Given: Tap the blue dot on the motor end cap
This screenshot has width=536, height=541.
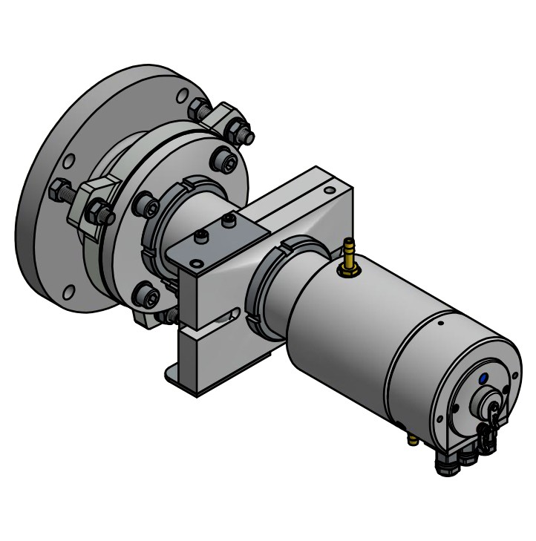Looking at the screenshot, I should tap(484, 378).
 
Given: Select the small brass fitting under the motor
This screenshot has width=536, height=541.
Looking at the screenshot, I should tap(413, 440).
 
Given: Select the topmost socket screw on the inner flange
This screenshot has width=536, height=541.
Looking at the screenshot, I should tap(223, 159).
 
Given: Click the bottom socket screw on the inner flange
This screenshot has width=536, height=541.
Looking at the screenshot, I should tap(146, 298).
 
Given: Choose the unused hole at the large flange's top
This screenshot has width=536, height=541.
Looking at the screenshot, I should tap(182, 96).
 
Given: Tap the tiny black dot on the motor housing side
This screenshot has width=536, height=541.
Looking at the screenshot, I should tap(441, 323).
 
